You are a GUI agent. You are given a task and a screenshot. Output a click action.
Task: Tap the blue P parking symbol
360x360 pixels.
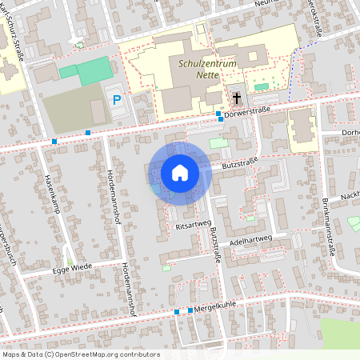(x=118, y=100)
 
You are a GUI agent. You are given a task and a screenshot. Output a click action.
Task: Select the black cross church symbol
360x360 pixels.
(x=237, y=98)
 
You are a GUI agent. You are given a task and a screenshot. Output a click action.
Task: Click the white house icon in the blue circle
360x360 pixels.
(x=180, y=172)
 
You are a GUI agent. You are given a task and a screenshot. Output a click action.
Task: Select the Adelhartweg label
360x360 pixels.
(x=251, y=238)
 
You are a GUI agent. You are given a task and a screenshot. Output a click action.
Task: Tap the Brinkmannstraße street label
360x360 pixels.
(x=327, y=229)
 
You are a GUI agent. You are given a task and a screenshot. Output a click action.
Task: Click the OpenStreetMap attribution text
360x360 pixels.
(x=81, y=354)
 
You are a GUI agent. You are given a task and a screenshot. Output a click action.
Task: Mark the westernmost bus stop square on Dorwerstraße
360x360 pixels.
(x=54, y=142)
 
